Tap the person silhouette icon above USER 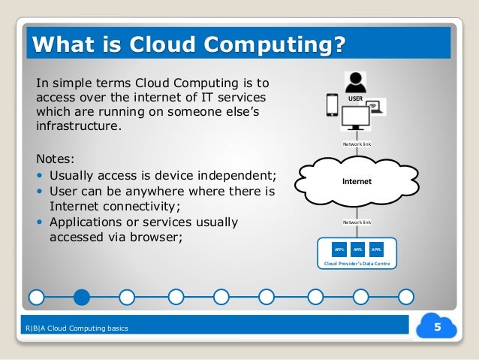356,80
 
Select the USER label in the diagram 356,98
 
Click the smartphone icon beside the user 332,104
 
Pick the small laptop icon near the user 377,107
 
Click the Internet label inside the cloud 357,182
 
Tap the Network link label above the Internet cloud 357,143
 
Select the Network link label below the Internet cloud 357,222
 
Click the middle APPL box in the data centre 357,249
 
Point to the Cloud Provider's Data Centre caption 357,265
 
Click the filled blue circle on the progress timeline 81,298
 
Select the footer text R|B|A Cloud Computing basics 77,328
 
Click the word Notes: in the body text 56,159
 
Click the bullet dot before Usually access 40,177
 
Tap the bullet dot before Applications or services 40,223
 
